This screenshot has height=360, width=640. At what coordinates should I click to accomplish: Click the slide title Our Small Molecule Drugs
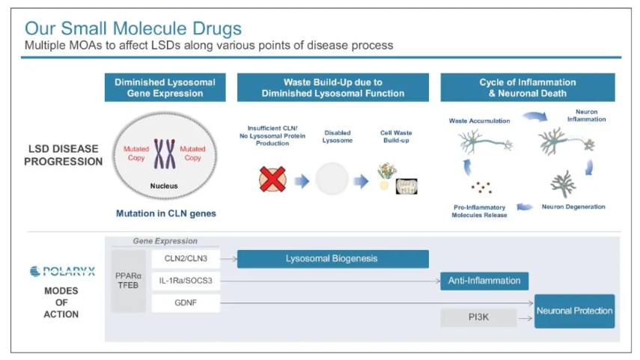[x=133, y=28]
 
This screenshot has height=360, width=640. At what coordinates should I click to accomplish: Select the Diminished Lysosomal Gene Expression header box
[x=165, y=88]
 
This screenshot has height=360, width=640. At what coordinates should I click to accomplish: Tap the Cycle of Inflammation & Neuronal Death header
[x=527, y=88]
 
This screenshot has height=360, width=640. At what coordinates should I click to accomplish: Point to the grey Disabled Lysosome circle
[x=332, y=180]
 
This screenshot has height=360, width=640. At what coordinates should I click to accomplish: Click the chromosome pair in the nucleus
[x=164, y=153]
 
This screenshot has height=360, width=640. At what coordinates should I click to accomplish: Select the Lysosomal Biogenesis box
[x=332, y=259]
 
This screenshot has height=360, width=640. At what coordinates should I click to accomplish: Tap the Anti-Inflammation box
[x=484, y=281]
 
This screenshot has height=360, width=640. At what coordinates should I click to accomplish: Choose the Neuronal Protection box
[x=574, y=311]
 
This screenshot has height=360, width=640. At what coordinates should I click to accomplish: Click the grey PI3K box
[x=478, y=319]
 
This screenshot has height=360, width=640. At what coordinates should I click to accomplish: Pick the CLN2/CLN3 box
[x=186, y=259]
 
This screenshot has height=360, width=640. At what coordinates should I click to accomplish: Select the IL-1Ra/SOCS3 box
[x=186, y=281]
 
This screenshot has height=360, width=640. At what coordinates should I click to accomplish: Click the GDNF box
[x=186, y=303]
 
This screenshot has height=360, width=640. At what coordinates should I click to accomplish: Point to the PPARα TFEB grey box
[x=128, y=280]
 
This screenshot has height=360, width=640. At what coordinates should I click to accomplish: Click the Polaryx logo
[x=62, y=272]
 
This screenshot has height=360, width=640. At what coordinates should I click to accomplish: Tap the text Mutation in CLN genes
[x=165, y=213]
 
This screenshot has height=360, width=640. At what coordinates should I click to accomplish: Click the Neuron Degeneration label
[x=573, y=207]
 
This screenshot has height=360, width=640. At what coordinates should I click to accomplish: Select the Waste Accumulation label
[x=479, y=120]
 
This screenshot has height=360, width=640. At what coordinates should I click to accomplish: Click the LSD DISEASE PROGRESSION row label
[x=64, y=155]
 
